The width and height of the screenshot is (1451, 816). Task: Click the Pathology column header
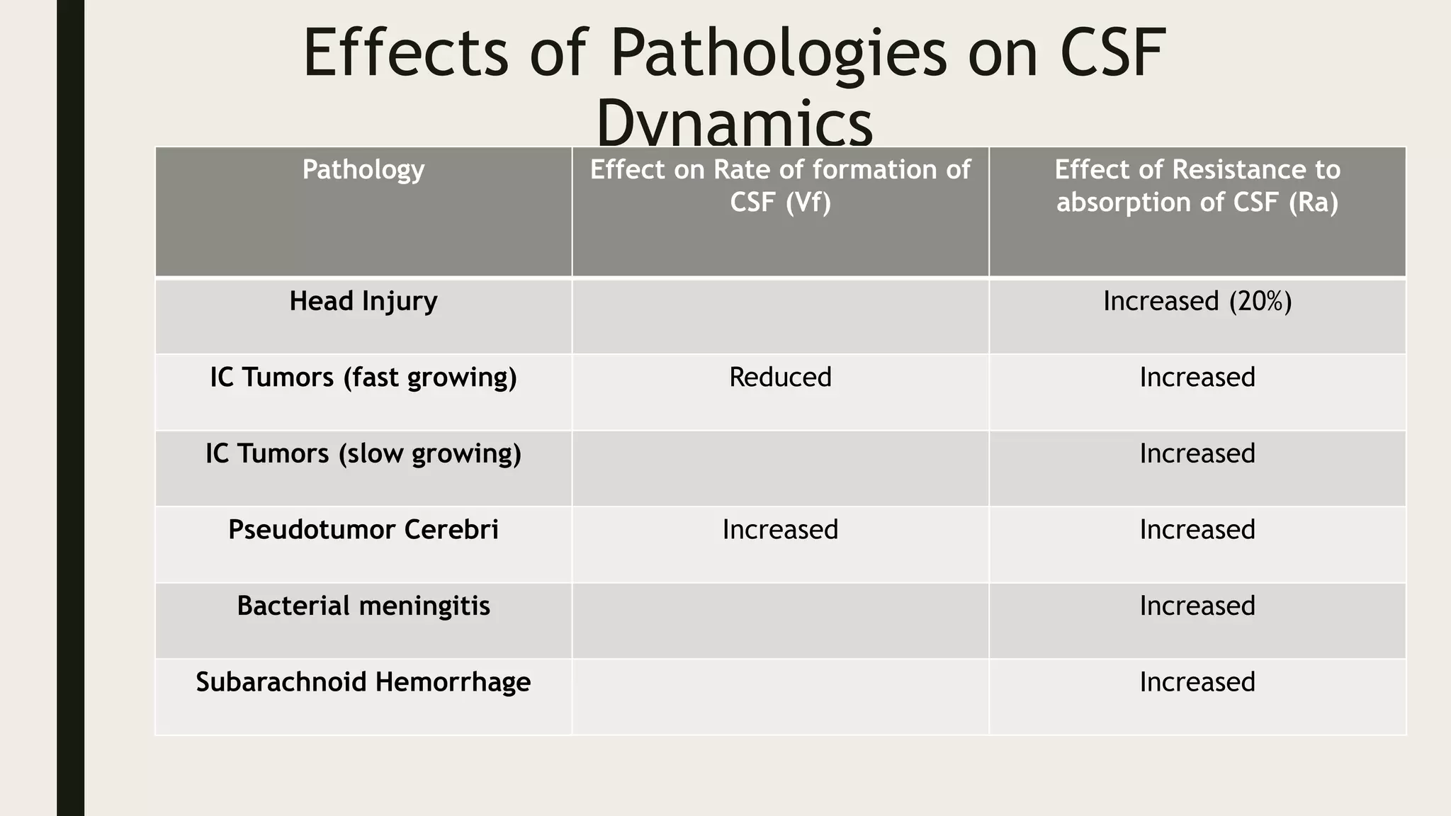(363, 170)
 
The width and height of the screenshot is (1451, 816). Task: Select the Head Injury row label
(363, 302)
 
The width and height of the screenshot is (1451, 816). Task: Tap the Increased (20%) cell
(1197, 302)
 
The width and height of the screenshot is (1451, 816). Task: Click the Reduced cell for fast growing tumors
(780, 378)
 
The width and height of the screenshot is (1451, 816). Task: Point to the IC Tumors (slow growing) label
(363, 454)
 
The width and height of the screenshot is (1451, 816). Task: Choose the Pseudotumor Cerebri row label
(363, 530)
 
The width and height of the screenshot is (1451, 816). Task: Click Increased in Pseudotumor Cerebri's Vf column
(780, 530)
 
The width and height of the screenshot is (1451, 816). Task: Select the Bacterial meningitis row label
(363, 606)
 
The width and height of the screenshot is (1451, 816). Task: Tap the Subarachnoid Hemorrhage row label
(363, 682)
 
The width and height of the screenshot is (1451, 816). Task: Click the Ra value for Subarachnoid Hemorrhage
(1197, 682)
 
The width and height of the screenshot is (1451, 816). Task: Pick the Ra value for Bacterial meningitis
(1197, 606)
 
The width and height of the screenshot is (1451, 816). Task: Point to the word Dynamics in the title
(735, 124)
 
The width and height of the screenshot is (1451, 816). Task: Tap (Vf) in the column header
(808, 203)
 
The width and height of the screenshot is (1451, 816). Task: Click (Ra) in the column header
(1314, 203)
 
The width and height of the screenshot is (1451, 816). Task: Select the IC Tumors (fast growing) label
(363, 378)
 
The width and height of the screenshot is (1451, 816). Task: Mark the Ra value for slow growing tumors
(1197, 454)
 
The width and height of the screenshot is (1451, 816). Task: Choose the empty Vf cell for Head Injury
(780, 316)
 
